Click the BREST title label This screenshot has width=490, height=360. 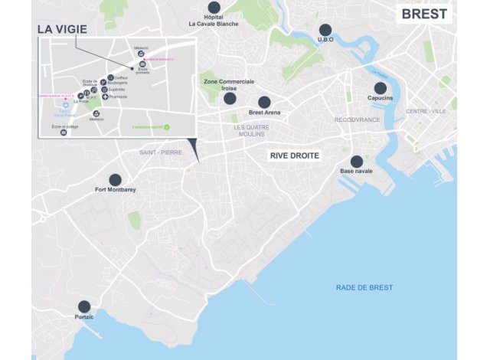425,14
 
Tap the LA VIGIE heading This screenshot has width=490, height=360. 62,29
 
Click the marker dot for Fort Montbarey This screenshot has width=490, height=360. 115,179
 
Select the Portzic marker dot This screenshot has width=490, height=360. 84,306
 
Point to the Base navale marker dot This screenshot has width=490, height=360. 356,162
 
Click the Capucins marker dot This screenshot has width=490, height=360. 380,88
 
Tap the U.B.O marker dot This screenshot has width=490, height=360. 325,30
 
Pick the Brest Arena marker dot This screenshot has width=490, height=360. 264,102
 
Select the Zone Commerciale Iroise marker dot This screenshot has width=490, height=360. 229,98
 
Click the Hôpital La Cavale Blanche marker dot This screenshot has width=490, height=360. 214,7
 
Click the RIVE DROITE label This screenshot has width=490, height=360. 295,155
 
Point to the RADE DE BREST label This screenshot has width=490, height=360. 364,287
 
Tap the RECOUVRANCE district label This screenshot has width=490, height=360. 357,119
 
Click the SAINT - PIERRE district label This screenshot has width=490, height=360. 161,152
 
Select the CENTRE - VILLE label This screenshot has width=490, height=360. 426,111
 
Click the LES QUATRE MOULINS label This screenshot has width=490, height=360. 250,130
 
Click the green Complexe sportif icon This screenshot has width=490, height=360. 168,127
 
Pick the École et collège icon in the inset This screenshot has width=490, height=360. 64,133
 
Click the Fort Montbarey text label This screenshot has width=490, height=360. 116,190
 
